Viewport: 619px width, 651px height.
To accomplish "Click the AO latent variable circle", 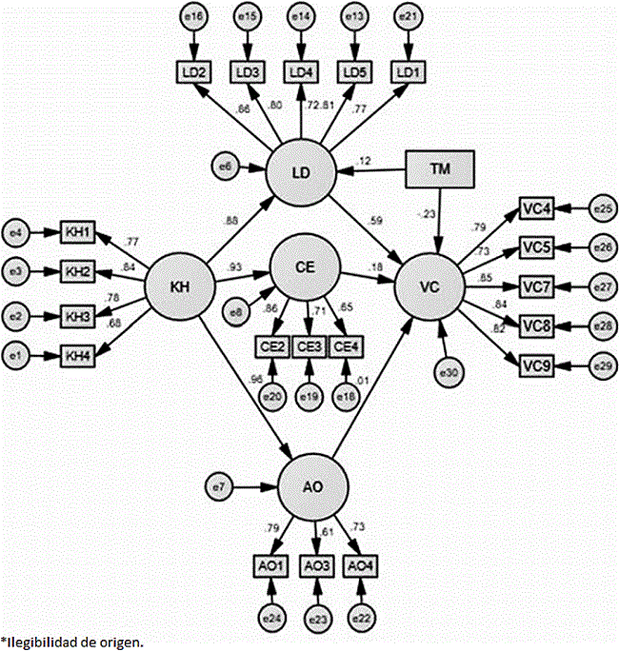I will pyautogui.click(x=309, y=486).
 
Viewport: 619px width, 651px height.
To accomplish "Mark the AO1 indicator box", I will pyautogui.click(x=272, y=565).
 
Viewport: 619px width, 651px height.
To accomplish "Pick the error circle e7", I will pyautogui.click(x=219, y=488).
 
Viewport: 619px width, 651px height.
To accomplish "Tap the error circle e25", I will pyautogui.click(x=602, y=207).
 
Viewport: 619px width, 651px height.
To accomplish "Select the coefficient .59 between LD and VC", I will pyautogui.click(x=376, y=222).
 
